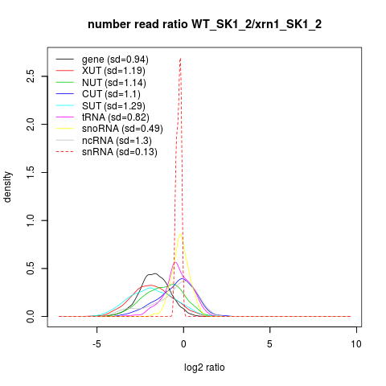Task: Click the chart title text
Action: tap(204, 25)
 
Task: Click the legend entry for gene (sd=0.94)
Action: tap(115, 60)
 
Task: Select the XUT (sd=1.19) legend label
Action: tap(113, 71)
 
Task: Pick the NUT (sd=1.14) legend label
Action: tap(114, 83)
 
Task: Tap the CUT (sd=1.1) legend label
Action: tap(111, 94)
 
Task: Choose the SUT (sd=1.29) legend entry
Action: tap(113, 106)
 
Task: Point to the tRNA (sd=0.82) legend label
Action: tap(116, 117)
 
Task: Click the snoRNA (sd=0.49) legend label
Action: tap(122, 129)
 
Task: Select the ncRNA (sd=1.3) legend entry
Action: tap(117, 141)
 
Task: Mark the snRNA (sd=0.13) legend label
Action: tap(120, 152)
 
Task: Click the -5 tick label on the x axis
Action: tap(96, 344)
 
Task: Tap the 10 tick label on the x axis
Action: tap(356, 344)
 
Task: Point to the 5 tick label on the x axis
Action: tap(269, 344)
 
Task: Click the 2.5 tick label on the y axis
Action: tap(31, 76)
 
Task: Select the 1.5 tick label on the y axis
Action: tap(31, 172)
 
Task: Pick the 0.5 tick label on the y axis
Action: tap(31, 269)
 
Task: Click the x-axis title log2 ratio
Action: tap(204, 368)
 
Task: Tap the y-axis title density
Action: tap(7, 187)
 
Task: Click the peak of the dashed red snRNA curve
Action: tap(181, 58)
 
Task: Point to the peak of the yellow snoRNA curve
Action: tap(180, 235)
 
